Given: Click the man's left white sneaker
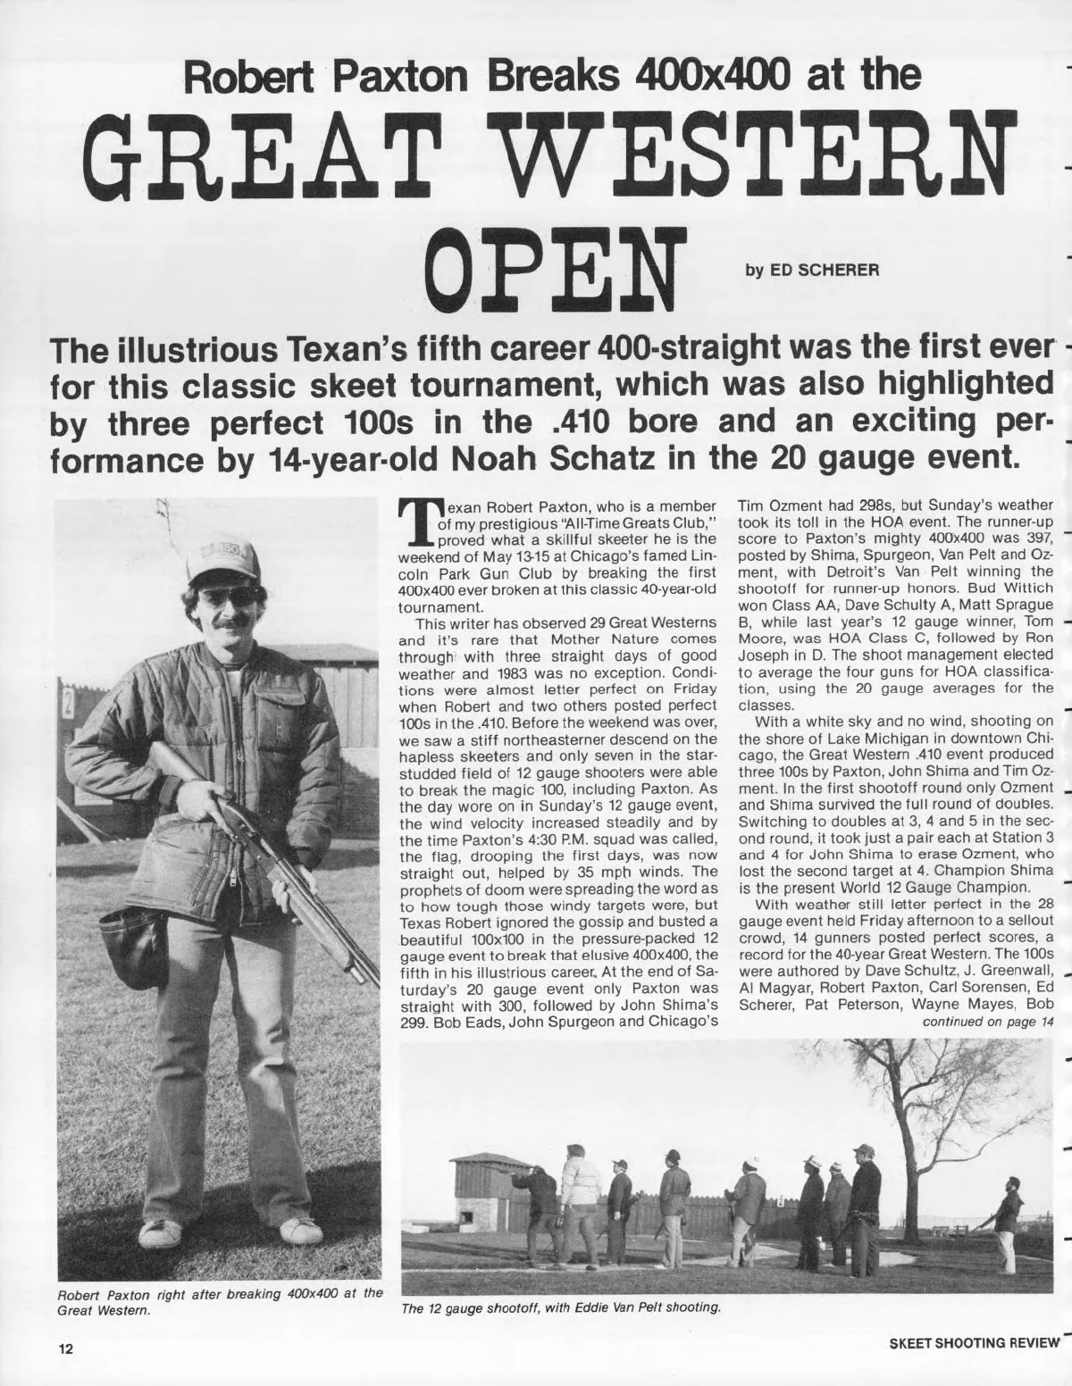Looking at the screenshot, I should tap(299, 1232).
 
